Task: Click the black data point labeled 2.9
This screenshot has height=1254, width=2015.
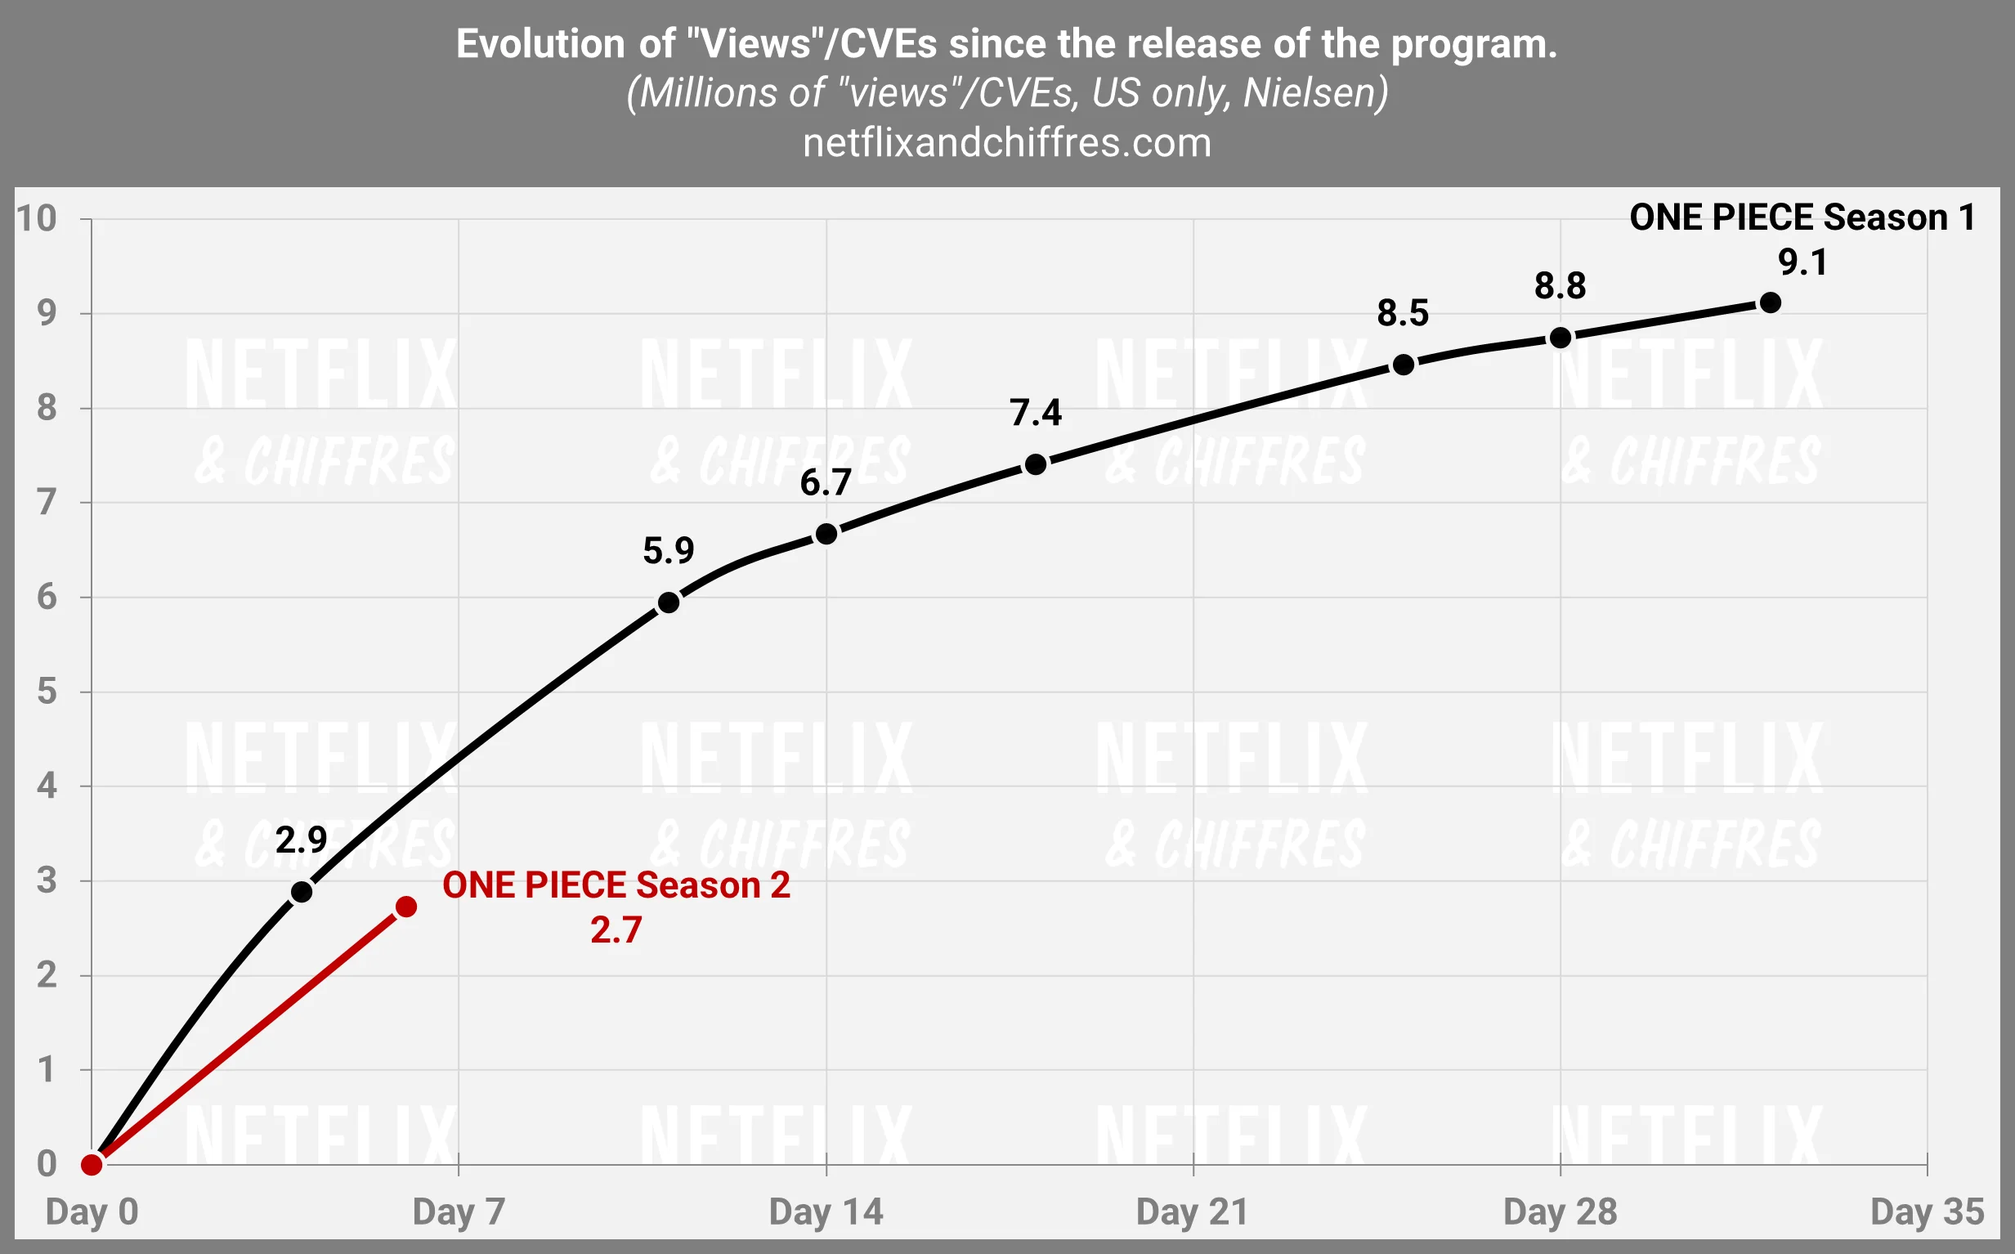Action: [x=302, y=892]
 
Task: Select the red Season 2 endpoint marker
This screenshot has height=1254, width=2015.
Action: [x=405, y=907]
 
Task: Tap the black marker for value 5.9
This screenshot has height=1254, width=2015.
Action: [x=669, y=603]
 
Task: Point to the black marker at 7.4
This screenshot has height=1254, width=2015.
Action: [x=1035, y=464]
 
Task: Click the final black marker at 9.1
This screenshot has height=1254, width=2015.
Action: [x=1770, y=302]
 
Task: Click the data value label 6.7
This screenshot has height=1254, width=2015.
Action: [x=825, y=482]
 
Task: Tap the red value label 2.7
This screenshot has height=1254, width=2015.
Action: [x=616, y=929]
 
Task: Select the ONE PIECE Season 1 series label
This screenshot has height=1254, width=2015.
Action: [x=1802, y=217]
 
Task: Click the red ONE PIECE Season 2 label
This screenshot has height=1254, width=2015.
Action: [x=616, y=886]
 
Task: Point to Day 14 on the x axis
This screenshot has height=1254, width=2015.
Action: [x=825, y=1211]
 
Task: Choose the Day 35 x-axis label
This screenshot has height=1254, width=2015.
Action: [x=1926, y=1211]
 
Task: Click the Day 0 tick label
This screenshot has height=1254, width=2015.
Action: [x=92, y=1211]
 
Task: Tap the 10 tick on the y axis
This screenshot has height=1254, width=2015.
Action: [x=37, y=218]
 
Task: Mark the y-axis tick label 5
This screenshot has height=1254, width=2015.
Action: [x=47, y=691]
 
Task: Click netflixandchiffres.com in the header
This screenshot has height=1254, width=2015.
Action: [x=1006, y=144]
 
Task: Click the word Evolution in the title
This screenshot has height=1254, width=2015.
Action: [x=540, y=44]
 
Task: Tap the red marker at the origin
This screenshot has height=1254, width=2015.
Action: [x=92, y=1164]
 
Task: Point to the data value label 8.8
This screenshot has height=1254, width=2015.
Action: [x=1559, y=286]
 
